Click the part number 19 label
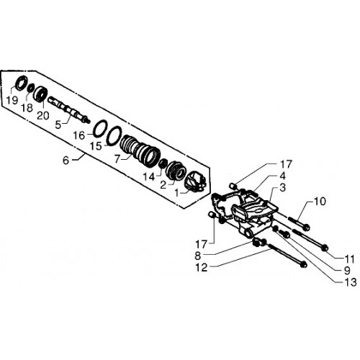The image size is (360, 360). pyautogui.click(x=12, y=100)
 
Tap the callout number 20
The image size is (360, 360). pyautogui.click(x=43, y=115)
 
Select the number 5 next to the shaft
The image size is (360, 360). pyautogui.click(x=58, y=125)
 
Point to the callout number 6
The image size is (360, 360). pyautogui.click(x=66, y=160)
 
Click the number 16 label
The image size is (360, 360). pyautogui.click(x=79, y=135)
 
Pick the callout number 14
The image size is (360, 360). pyautogui.click(x=149, y=177)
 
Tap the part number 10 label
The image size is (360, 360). pyautogui.click(x=320, y=201)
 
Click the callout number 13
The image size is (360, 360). pyautogui.click(x=351, y=282)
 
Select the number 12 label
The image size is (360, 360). pyautogui.click(x=202, y=267)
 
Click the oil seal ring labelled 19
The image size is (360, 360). pyautogui.click(x=22, y=83)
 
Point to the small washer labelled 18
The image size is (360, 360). pyautogui.click(x=31, y=88)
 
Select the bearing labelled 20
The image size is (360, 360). pyautogui.click(x=42, y=94)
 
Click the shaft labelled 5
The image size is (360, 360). pyautogui.click(x=69, y=109)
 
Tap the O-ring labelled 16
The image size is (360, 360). pyautogui.click(x=100, y=129)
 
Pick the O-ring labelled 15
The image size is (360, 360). pyautogui.click(x=113, y=136)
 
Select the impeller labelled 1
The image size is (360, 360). pyautogui.click(x=197, y=183)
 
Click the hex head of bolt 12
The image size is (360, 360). pyautogui.click(x=303, y=265)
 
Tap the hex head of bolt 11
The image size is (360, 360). pyautogui.click(x=324, y=248)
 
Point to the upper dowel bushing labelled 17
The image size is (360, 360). pyautogui.click(x=233, y=186)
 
